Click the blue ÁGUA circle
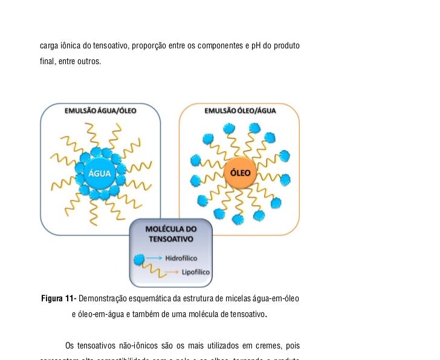tap(100, 172)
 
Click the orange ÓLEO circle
tap(241, 172)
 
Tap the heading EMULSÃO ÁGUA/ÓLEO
tap(100, 111)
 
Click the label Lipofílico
tap(196, 272)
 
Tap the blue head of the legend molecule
tap(139, 260)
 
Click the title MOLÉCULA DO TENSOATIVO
tap(172, 235)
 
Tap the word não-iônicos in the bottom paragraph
tap(135, 346)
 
